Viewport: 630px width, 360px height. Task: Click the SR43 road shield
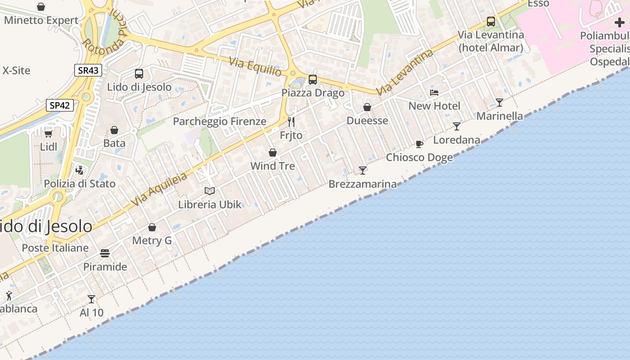88,70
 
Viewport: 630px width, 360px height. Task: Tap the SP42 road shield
60,105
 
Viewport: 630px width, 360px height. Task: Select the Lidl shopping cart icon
49,133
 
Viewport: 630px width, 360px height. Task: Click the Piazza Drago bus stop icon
313,80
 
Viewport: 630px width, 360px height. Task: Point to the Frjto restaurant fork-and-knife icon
291,122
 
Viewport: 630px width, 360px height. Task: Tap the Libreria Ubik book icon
210,191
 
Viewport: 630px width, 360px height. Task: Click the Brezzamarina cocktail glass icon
363,170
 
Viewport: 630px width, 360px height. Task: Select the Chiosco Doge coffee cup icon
419,144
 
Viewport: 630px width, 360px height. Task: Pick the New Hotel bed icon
434,93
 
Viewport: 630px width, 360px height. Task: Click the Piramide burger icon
105,253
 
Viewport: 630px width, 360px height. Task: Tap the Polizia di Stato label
80,184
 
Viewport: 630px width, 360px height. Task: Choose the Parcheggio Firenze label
220,121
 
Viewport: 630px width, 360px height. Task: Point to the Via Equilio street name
255,67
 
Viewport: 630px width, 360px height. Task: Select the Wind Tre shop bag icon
273,153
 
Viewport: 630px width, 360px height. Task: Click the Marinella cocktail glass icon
499,103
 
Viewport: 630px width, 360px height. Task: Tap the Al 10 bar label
91,312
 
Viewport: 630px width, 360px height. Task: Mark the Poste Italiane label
55,248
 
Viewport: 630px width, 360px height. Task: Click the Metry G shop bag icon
152,227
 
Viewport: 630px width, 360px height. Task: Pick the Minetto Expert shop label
41,20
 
